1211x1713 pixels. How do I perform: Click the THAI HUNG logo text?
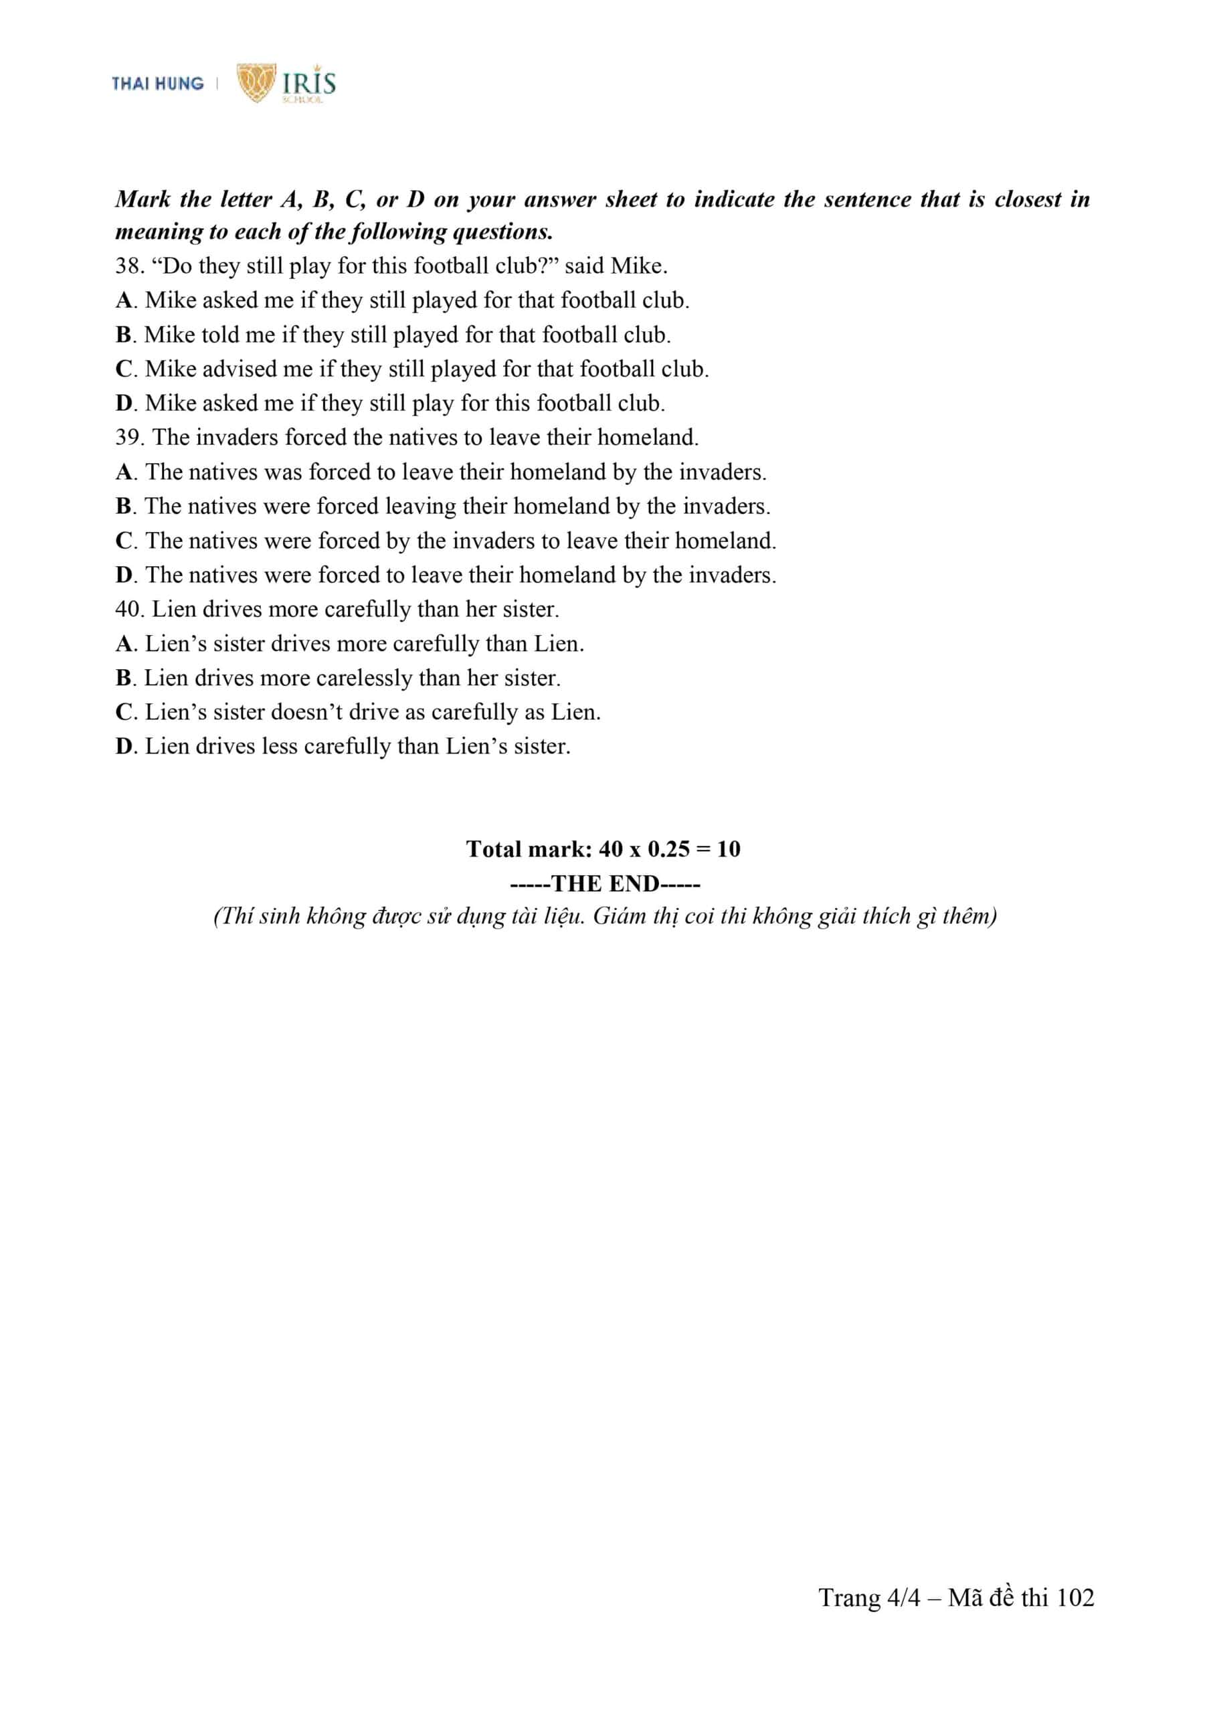pos(157,84)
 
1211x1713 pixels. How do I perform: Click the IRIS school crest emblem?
pos(256,82)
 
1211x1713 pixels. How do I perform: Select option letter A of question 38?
pos(124,300)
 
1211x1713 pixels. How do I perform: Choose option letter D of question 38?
pos(124,403)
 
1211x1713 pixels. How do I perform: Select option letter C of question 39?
pos(124,540)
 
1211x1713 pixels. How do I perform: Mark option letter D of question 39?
pos(124,575)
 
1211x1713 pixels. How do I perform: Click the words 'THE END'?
pos(605,883)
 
